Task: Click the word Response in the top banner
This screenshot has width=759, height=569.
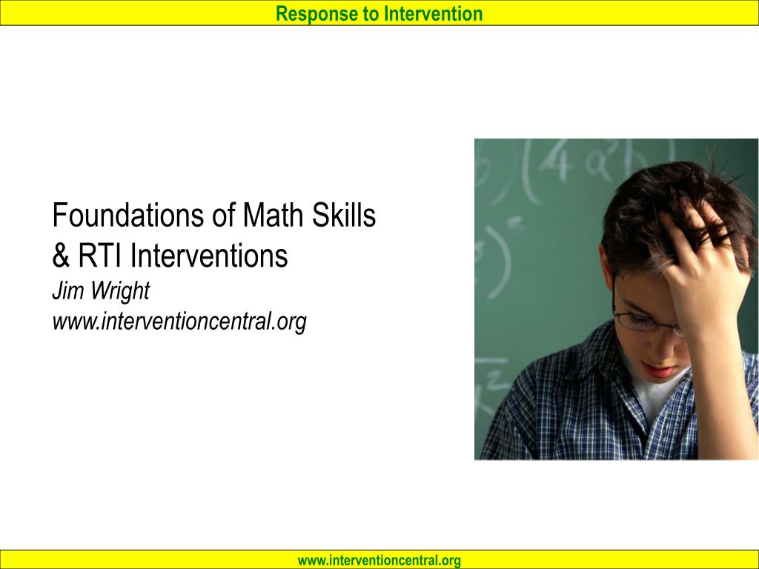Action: [x=316, y=14]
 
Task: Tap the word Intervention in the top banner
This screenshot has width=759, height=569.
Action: [x=433, y=13]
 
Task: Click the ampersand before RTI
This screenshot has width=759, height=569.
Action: [x=61, y=256]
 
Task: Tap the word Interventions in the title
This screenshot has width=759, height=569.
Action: [x=208, y=256]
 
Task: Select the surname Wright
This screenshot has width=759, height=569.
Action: [x=120, y=291]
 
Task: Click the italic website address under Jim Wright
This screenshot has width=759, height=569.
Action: [x=179, y=322]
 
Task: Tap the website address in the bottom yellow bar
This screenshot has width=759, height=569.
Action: [x=379, y=560]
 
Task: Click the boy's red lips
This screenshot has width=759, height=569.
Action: [x=660, y=370]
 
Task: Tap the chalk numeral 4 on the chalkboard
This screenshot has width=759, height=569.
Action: [x=556, y=162]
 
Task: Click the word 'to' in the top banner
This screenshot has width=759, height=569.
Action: [x=371, y=14]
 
